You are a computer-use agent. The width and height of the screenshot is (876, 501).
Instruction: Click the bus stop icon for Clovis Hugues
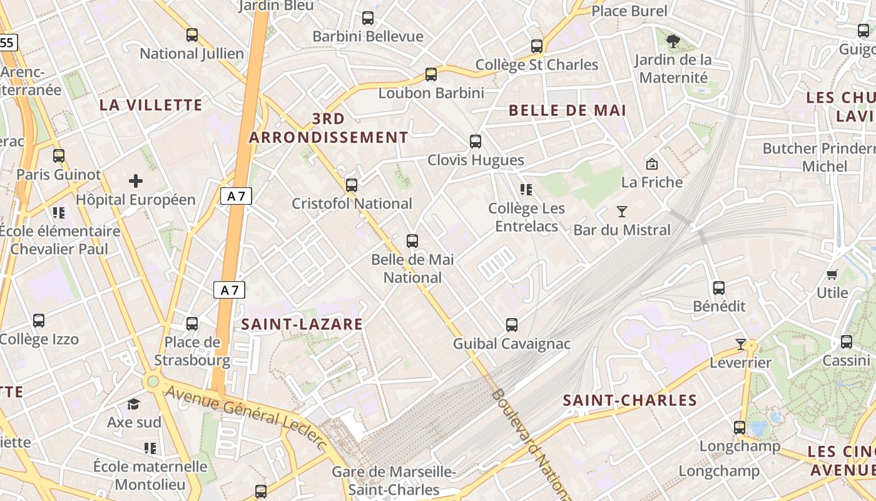(476, 142)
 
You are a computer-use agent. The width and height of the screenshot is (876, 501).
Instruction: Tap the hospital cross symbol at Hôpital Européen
(136, 182)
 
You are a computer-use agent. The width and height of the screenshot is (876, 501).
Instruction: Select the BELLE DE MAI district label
(567, 111)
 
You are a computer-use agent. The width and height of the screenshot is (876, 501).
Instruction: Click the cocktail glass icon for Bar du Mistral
(621, 212)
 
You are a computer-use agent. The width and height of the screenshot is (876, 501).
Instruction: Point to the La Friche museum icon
(651, 164)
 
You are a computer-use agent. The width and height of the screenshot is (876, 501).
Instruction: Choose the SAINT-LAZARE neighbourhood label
(302, 324)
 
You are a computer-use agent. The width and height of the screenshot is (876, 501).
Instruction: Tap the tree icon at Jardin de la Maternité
(673, 42)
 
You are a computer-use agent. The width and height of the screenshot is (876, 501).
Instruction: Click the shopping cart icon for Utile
(832, 274)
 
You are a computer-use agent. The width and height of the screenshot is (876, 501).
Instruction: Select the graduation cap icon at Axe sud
(133, 404)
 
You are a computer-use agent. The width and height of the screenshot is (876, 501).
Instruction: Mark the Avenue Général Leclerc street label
(247, 416)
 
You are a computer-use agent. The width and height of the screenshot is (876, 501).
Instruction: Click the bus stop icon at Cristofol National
(352, 185)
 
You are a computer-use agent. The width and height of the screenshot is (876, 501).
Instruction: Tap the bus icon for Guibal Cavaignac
(512, 325)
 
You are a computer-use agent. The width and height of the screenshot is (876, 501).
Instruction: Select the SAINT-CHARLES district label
(629, 400)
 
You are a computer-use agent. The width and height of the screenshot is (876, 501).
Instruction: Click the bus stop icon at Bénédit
(719, 288)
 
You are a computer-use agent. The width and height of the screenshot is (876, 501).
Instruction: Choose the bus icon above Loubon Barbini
(430, 75)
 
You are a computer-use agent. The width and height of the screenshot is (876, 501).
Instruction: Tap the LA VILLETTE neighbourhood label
(151, 105)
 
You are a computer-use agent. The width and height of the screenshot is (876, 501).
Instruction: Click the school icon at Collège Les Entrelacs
(526, 190)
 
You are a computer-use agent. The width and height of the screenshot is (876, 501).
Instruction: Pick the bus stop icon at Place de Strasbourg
(192, 324)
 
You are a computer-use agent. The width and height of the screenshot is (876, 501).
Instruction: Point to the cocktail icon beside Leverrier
(741, 344)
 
